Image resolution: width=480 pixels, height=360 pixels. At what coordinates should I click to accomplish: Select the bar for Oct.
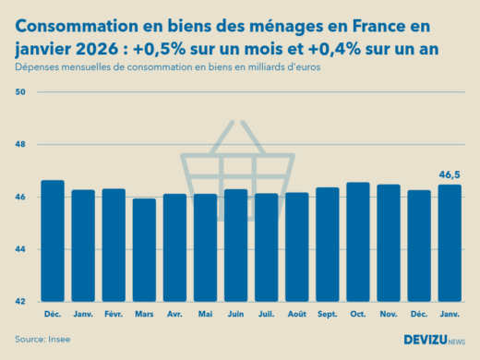tap(358, 242)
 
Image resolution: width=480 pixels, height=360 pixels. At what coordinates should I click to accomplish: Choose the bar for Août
tap(297, 246)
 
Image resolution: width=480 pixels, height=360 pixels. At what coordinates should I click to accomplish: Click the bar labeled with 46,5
tap(450, 243)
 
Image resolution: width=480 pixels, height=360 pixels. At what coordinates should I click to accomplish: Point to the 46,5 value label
tap(450, 174)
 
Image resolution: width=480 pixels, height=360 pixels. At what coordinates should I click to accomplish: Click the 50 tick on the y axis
tap(21, 92)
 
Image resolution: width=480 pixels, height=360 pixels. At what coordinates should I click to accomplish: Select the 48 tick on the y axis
tap(21, 145)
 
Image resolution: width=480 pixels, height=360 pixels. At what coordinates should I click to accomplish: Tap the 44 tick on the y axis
tap(21, 249)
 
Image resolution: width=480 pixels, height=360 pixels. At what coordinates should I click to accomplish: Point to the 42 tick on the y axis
tap(21, 302)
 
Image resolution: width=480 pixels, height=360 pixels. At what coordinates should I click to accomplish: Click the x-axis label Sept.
tap(328, 314)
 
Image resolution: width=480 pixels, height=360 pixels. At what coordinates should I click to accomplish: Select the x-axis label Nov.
tap(389, 314)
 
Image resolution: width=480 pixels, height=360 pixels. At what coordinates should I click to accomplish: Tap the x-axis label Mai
tap(205, 314)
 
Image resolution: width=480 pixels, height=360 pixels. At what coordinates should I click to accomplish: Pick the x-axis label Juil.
tap(266, 314)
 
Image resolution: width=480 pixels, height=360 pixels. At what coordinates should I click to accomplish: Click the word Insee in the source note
tap(59, 339)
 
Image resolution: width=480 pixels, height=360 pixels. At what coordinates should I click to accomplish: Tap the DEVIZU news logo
tap(434, 340)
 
